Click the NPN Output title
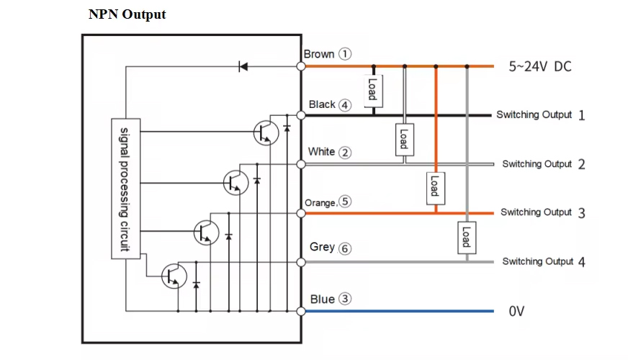(127, 14)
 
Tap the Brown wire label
(318, 54)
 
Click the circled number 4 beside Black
(345, 105)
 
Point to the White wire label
(321, 152)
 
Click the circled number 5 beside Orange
(346, 202)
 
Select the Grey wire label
(322, 247)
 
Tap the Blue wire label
(322, 299)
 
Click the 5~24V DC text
(539, 66)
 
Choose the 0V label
(516, 312)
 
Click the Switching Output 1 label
(540, 115)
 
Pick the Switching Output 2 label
(544, 164)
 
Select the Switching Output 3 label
(542, 212)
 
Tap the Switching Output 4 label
(544, 261)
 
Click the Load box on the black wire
(372, 89)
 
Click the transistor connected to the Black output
(265, 132)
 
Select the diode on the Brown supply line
(243, 66)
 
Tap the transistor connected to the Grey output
(174, 275)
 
